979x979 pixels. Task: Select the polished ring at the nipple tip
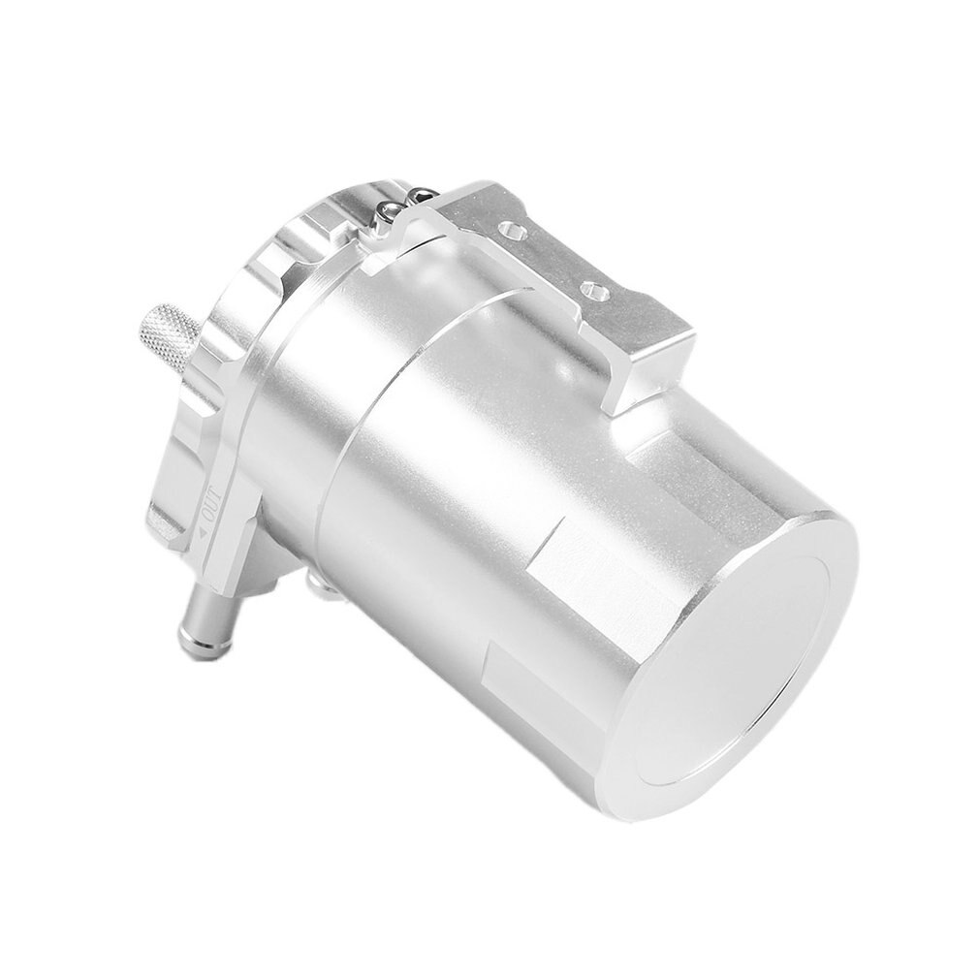188,634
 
